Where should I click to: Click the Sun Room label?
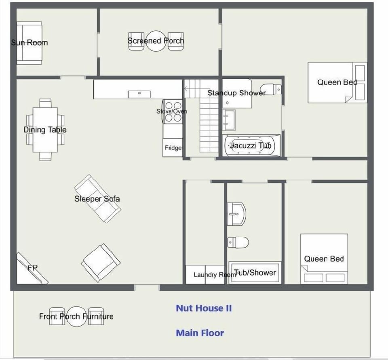coord(30,42)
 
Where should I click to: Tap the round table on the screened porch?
coord(156,41)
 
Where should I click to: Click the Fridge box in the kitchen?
coord(173,148)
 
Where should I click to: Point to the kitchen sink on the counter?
coord(139,94)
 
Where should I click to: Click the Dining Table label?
coord(45,130)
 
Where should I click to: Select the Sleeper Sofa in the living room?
coord(97,198)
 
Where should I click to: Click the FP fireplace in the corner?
coord(32,269)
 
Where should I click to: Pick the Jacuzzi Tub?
coord(252,146)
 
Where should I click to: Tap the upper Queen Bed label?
coord(337,82)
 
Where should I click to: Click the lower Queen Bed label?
coord(324,259)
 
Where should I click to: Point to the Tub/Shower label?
coord(255,273)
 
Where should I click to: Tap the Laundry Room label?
coord(214,275)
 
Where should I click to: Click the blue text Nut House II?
coord(204,308)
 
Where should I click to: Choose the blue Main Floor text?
coord(200,333)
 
